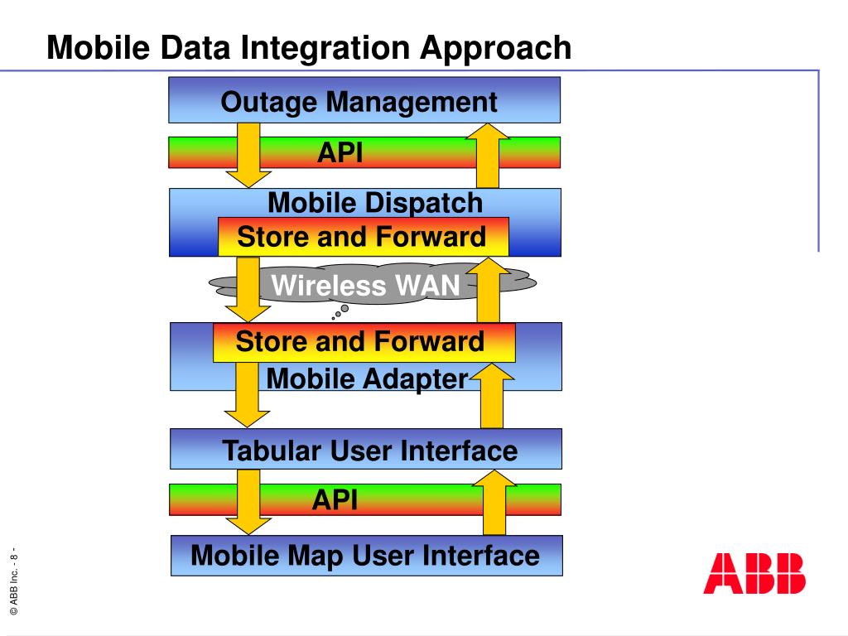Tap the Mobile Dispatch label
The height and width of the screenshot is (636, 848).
tap(375, 203)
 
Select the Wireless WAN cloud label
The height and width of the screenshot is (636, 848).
tap(365, 286)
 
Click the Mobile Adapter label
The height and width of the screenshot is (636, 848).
tap(367, 379)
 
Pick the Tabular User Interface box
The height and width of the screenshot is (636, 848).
tap(369, 450)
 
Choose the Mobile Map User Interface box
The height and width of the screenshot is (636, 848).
tap(365, 555)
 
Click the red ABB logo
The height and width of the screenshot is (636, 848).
tap(754, 573)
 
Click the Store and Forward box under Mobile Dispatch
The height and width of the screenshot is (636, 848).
tap(363, 237)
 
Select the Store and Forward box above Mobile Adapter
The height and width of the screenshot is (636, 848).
tap(363, 342)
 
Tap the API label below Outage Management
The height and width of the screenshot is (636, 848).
tap(340, 153)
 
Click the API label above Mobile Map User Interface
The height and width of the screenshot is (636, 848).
tap(335, 500)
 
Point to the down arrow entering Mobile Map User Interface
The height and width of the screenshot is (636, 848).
tap(248, 502)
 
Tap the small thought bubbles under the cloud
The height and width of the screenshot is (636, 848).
tap(341, 311)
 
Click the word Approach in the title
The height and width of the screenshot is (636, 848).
tap(495, 47)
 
